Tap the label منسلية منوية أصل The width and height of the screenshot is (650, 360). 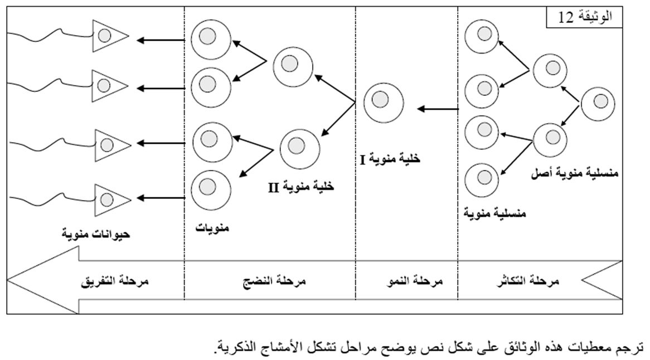pyautogui.click(x=576, y=174)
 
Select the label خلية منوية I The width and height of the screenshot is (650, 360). pyautogui.click(x=390, y=159)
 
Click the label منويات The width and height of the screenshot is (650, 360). pyautogui.click(x=212, y=227)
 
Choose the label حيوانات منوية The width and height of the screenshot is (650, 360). pyautogui.click(x=96, y=233)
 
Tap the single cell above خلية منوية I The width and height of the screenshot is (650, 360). pyautogui.click(x=383, y=101)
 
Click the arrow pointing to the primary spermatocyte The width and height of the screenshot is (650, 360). pyautogui.click(x=438, y=110)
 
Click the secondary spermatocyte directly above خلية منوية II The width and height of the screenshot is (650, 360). pyautogui.click(x=299, y=148)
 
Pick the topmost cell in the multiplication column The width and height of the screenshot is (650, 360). pyautogui.click(x=481, y=35)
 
